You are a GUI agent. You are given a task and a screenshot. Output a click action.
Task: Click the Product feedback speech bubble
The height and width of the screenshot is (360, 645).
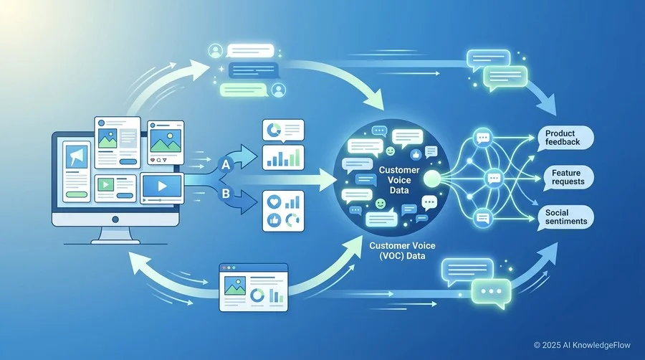click(x=566, y=138)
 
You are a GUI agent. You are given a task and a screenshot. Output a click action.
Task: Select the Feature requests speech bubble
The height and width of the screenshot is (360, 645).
click(x=568, y=177)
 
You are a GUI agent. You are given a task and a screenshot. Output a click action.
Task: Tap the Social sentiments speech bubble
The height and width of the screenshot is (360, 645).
click(x=566, y=217)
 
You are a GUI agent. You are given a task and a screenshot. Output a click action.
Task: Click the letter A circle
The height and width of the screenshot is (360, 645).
click(x=226, y=165)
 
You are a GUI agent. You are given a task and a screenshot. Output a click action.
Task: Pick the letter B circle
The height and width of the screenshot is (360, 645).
click(x=226, y=194)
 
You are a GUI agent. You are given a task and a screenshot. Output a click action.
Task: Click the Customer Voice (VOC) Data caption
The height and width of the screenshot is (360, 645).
click(x=402, y=250)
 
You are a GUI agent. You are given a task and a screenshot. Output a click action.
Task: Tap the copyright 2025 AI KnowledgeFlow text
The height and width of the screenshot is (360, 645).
click(x=582, y=345)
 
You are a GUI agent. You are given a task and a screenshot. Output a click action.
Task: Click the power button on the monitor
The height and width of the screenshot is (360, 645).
click(x=115, y=219)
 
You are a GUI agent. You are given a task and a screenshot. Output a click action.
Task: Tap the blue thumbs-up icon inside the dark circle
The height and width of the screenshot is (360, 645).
click(x=416, y=155)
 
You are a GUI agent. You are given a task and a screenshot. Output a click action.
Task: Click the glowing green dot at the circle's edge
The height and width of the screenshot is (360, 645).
click(x=431, y=178)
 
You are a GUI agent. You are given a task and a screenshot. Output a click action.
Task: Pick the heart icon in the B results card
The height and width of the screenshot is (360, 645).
click(x=274, y=202)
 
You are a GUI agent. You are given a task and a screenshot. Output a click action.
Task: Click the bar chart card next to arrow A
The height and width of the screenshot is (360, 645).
click(x=283, y=158)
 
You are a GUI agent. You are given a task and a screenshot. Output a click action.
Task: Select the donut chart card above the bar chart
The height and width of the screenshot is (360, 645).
click(x=283, y=131)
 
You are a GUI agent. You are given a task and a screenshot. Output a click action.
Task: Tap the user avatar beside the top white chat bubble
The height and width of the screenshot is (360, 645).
click(x=215, y=51)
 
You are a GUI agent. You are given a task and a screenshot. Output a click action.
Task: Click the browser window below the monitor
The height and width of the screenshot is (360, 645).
click(x=254, y=288)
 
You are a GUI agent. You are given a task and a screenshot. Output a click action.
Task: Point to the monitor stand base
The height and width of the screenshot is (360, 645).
click(x=115, y=242)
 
